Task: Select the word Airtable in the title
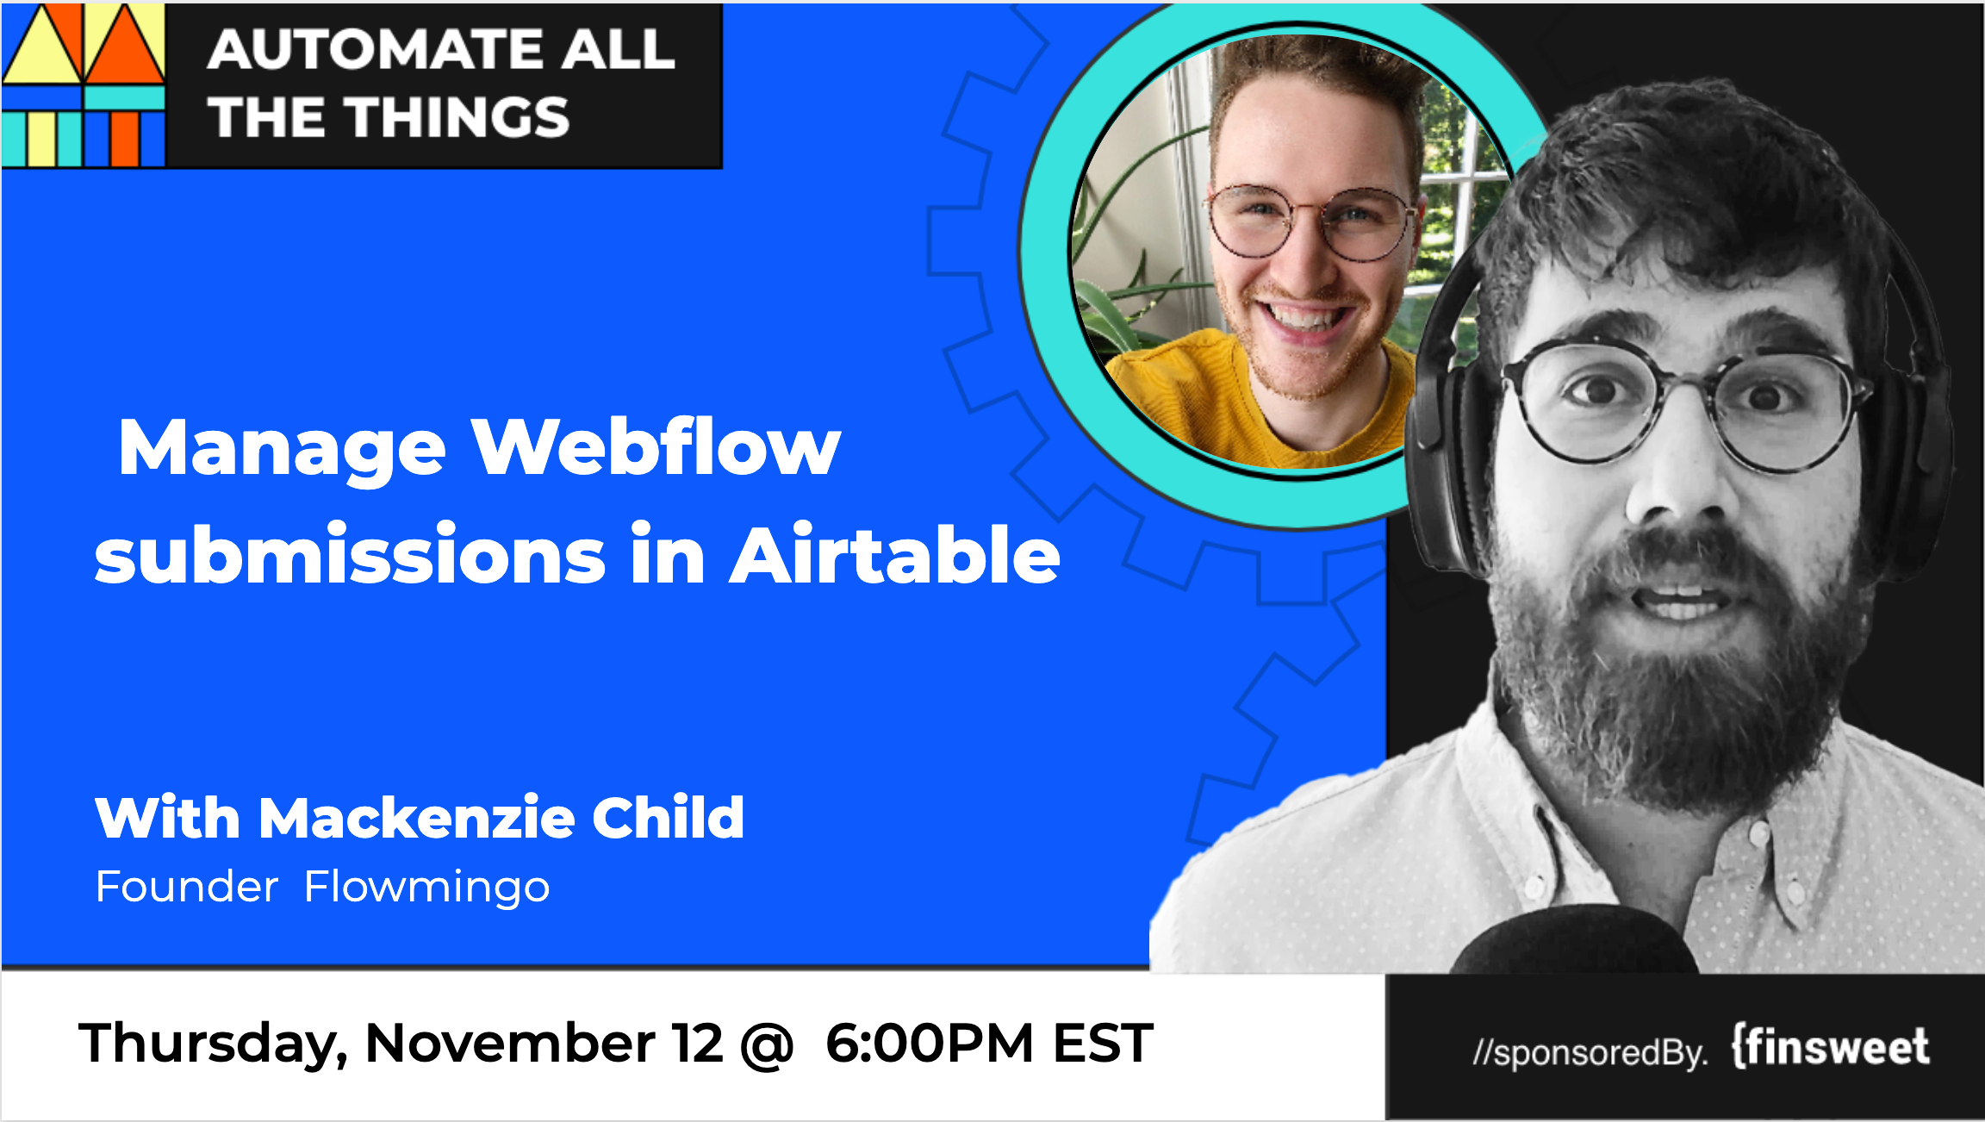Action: point(895,554)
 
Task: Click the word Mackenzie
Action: point(417,817)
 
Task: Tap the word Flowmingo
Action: point(427,888)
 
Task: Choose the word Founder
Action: point(187,887)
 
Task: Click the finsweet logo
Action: point(1831,1047)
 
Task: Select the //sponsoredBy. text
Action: point(1590,1052)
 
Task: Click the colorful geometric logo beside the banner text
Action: point(83,84)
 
